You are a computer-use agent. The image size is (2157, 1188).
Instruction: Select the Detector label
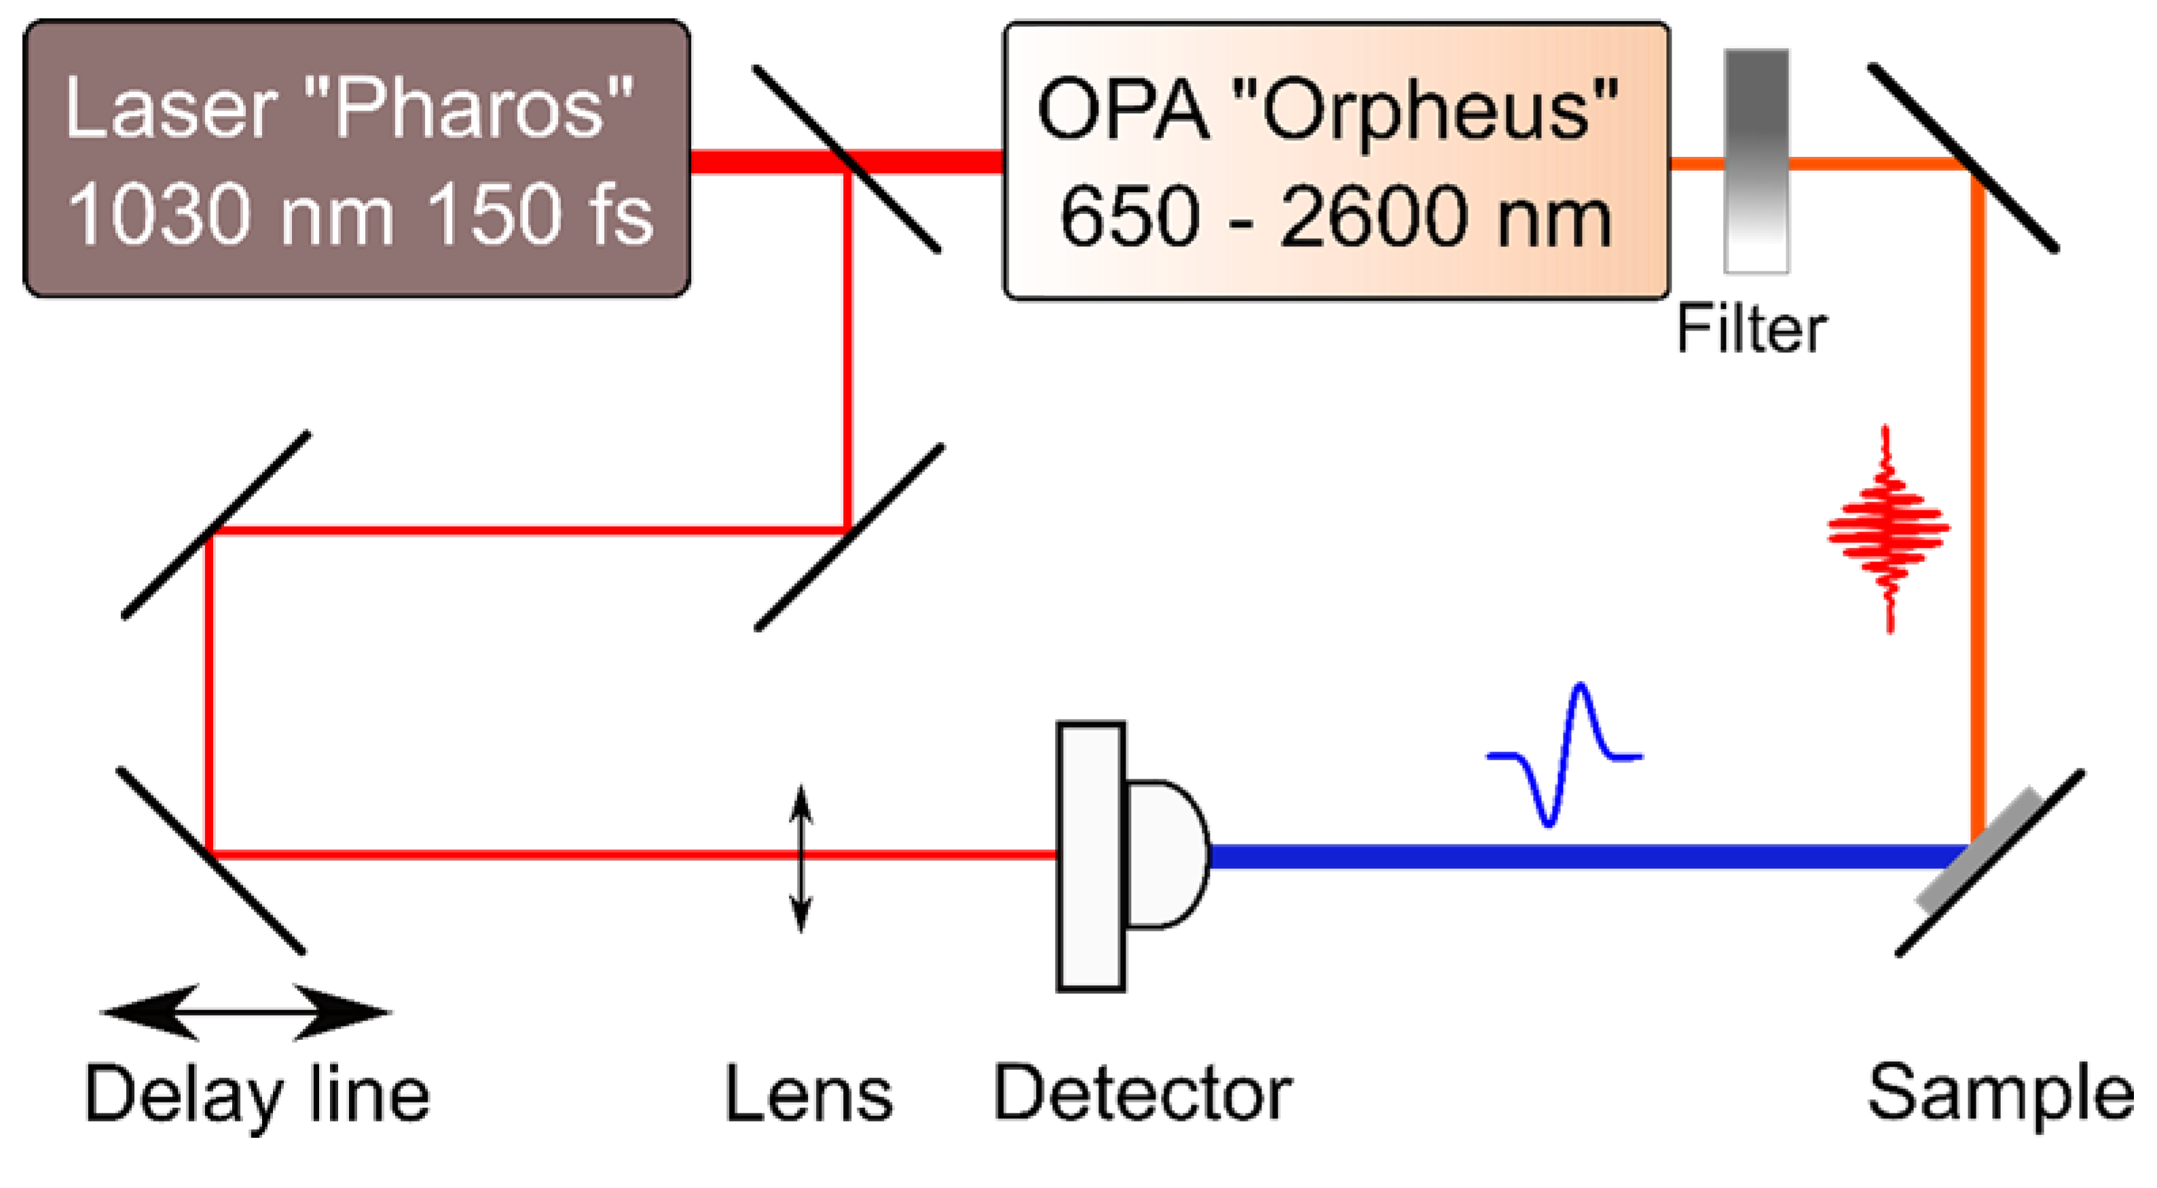1143,1092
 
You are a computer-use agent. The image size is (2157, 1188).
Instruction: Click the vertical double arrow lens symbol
801,858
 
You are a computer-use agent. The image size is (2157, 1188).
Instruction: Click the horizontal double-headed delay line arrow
245,1012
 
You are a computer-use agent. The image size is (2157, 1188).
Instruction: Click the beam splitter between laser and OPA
847,158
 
